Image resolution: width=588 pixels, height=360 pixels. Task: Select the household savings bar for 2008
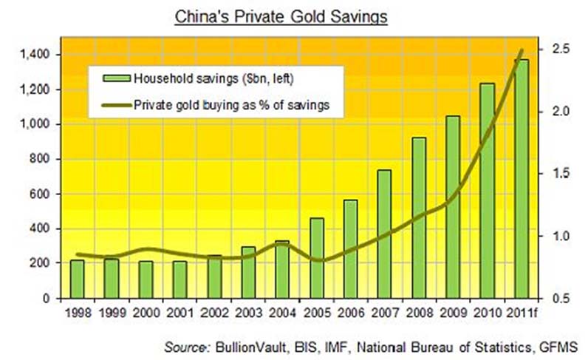click(x=418, y=217)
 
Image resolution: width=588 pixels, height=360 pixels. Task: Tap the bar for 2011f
click(x=522, y=178)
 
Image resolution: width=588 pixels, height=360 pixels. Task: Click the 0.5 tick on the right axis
click(x=558, y=299)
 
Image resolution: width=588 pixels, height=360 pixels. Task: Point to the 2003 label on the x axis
click(x=247, y=311)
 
